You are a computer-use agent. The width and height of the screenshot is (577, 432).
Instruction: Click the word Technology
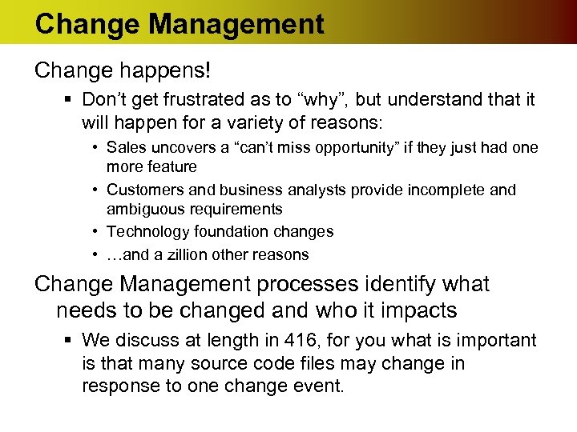coord(145,232)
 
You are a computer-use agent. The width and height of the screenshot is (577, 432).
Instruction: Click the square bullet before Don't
coord(71,100)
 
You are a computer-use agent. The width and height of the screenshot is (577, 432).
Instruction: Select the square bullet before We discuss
coord(71,341)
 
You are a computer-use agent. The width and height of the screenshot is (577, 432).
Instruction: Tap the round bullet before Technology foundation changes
coord(95,232)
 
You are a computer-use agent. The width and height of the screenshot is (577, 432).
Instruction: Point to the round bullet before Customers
coord(95,190)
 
